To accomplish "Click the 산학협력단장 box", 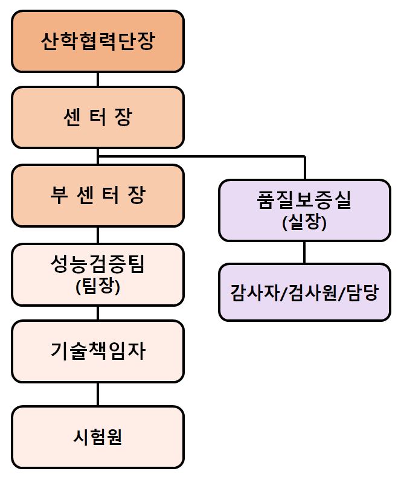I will pos(98,41).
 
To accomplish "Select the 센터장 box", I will pos(98,117).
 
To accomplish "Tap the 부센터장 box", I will pos(98,195).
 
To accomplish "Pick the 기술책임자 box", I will pos(98,351).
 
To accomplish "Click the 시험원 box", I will pos(98,437).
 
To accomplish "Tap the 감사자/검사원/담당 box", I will pos(304,292).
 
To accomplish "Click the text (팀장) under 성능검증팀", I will pos(98,287).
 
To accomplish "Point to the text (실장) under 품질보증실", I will pos(304,224).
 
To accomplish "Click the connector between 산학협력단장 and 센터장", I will pos(98,79).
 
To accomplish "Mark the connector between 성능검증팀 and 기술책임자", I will pos(98,313).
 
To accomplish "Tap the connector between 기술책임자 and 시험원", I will pos(98,394).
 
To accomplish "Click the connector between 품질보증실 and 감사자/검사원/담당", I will pos(304,252).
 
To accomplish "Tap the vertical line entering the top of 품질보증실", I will pos(304,168).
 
